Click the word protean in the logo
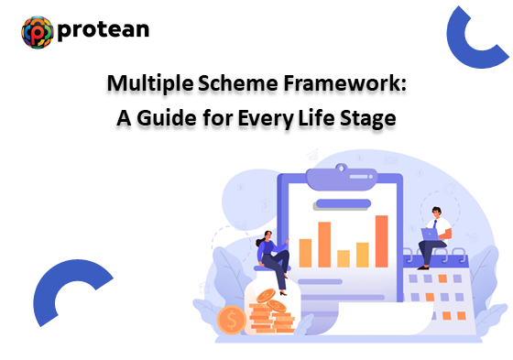[x=103, y=31]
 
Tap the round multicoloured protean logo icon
[x=37, y=32]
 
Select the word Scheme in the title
[x=236, y=85]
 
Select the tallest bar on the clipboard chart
[x=381, y=240]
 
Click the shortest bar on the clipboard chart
[x=343, y=257]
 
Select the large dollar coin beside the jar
[x=232, y=321]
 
